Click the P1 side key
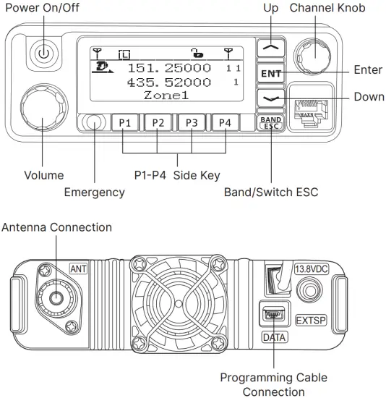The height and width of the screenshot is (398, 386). [125, 123]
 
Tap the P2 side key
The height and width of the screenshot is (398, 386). [158, 123]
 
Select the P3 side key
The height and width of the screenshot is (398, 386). [192, 123]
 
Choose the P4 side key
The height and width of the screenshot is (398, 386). [225, 123]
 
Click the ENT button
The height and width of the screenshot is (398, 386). [270, 73]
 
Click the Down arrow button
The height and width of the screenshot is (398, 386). [270, 97]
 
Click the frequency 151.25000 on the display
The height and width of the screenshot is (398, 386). [169, 67]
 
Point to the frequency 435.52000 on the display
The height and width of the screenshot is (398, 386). [169, 82]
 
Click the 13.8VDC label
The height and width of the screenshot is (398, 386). [312, 270]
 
